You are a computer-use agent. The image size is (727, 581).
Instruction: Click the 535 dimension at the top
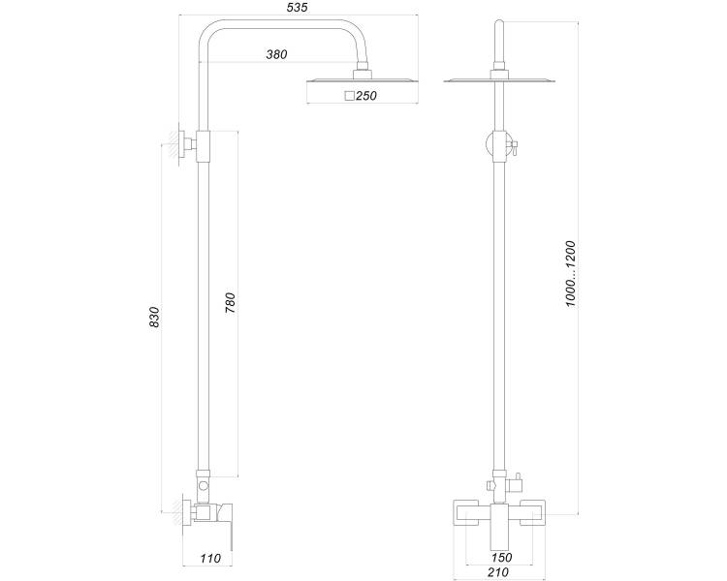coord(298,8)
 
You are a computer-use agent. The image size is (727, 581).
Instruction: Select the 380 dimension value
coord(276,54)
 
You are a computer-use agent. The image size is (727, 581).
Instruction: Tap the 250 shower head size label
coord(366,96)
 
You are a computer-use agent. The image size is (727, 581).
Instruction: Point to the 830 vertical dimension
coord(154,317)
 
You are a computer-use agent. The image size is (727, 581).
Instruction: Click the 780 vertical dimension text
coord(231,302)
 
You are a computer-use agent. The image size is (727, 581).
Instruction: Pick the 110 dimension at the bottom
coord(210,559)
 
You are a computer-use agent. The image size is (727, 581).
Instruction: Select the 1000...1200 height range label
coord(570,274)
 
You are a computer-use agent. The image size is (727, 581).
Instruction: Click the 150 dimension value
coord(502,558)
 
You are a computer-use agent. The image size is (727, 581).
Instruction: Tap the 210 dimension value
coord(498,572)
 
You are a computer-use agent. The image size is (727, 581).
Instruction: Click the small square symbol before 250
coord(350,96)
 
